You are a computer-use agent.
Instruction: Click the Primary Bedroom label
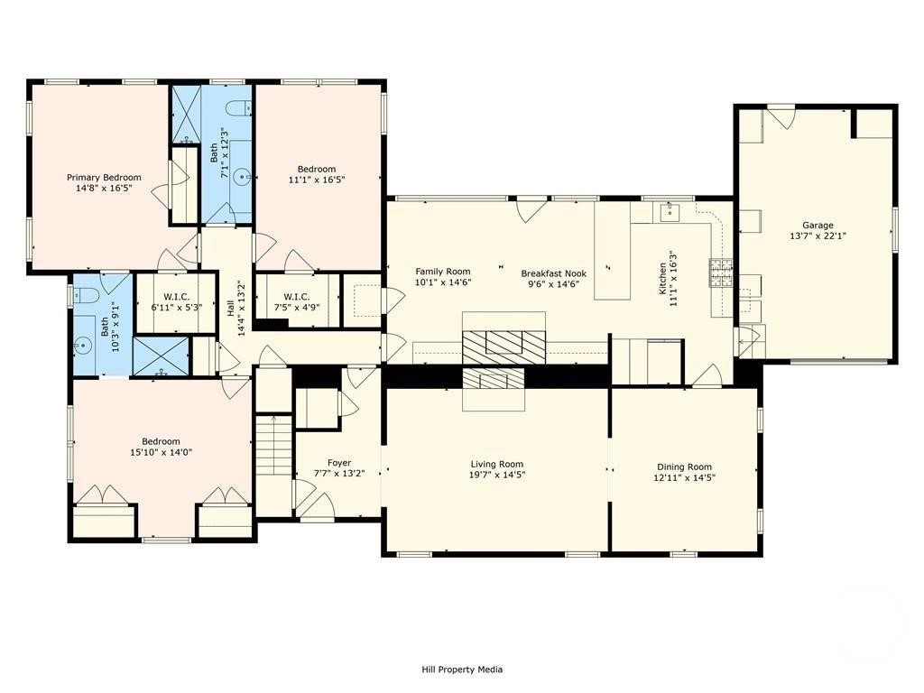pos(104,178)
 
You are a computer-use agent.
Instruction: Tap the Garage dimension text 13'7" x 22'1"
pos(818,236)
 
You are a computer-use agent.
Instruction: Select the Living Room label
pos(497,464)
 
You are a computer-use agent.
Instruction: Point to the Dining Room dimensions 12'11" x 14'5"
pos(684,478)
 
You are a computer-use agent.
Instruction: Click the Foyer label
pos(339,463)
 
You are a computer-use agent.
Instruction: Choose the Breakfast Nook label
pos(554,273)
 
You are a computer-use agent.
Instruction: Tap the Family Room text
pos(443,272)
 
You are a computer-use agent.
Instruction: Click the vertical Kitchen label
pos(663,279)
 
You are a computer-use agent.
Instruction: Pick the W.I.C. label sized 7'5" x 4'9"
pos(296,296)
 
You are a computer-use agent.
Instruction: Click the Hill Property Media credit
pos(462,670)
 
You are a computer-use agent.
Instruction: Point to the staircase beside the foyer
pos(274,446)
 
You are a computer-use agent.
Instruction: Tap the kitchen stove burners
pos(721,273)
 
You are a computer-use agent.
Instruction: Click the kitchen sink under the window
pos(670,212)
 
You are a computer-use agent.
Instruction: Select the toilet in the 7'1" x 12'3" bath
pos(239,108)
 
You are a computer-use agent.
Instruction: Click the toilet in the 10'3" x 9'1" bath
pos(81,295)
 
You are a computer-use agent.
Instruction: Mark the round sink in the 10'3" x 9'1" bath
pos(83,345)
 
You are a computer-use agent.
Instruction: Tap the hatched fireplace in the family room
pos(504,347)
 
